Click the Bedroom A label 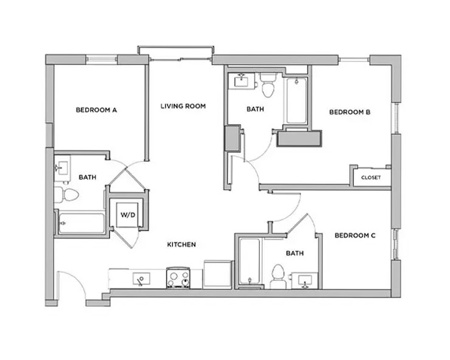[96, 110]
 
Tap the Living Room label [183, 106]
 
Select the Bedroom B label [350, 112]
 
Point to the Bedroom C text [355, 236]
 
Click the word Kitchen [182, 244]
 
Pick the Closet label [371, 178]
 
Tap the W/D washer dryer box [128, 215]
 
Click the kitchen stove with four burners [178, 278]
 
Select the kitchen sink [141, 279]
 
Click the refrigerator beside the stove [217, 274]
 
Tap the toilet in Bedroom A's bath [66, 195]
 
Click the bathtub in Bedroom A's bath [82, 223]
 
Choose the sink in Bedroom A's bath [62, 168]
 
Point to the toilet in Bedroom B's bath [268, 85]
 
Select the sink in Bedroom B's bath [241, 81]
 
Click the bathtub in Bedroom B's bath [297, 100]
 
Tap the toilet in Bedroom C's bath [278, 277]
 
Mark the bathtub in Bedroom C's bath [250, 261]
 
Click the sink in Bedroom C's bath [305, 280]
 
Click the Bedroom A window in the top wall [102, 60]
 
